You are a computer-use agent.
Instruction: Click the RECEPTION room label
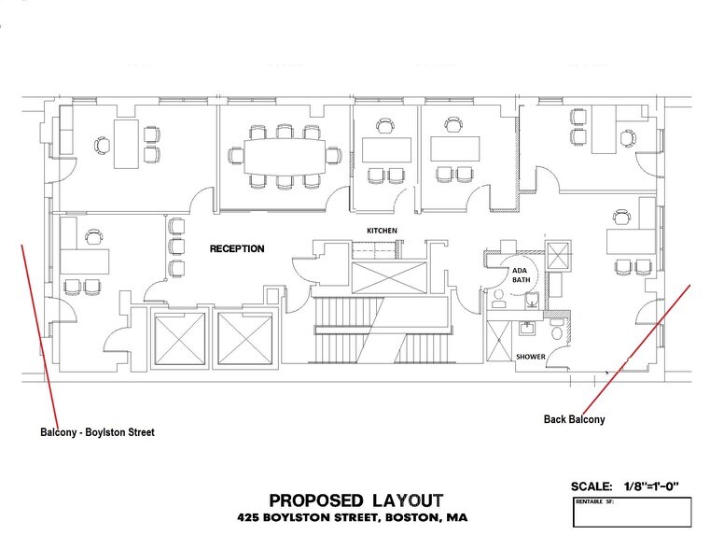tap(237, 249)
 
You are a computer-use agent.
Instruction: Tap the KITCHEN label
tap(381, 230)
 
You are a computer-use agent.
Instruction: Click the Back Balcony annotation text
tap(574, 419)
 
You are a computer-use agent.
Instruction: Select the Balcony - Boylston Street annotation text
tap(97, 433)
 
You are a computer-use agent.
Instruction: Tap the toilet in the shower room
tap(557, 331)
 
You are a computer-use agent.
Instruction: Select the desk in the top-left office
tap(126, 144)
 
